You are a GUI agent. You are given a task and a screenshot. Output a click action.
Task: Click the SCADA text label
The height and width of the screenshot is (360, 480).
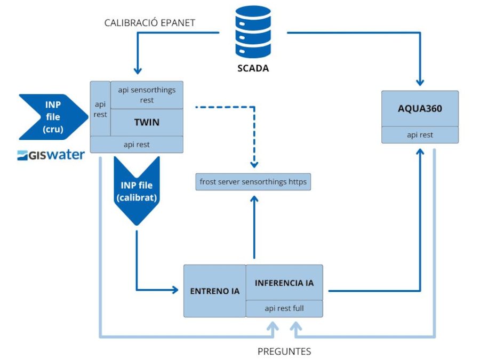click(253, 68)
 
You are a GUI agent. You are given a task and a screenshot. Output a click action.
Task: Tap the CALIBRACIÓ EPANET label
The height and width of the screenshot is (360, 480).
click(150, 23)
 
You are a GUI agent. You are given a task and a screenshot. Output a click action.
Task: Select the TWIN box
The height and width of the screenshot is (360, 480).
click(147, 122)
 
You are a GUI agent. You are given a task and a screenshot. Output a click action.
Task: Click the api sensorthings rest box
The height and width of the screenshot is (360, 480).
click(147, 95)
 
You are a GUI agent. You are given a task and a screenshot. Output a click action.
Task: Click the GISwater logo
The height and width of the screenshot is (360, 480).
click(51, 155)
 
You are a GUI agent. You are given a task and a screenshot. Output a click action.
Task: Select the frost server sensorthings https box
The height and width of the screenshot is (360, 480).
click(253, 182)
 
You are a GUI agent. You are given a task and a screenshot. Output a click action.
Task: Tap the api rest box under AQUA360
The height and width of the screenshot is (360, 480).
click(420, 135)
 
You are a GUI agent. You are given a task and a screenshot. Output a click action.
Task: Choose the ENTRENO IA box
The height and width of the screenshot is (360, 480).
click(214, 291)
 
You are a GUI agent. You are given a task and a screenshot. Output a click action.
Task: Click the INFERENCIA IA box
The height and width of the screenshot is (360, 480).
click(284, 283)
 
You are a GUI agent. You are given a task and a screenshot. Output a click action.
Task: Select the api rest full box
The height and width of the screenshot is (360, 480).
click(284, 308)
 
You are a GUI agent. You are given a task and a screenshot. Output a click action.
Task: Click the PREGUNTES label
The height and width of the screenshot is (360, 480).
click(284, 351)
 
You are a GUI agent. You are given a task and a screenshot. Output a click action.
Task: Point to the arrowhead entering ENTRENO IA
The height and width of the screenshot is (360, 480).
click(174, 291)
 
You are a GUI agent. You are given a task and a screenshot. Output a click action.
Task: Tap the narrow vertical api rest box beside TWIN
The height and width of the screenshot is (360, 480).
click(100, 108)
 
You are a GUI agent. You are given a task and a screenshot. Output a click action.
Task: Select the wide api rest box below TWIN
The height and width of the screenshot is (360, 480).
click(137, 145)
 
